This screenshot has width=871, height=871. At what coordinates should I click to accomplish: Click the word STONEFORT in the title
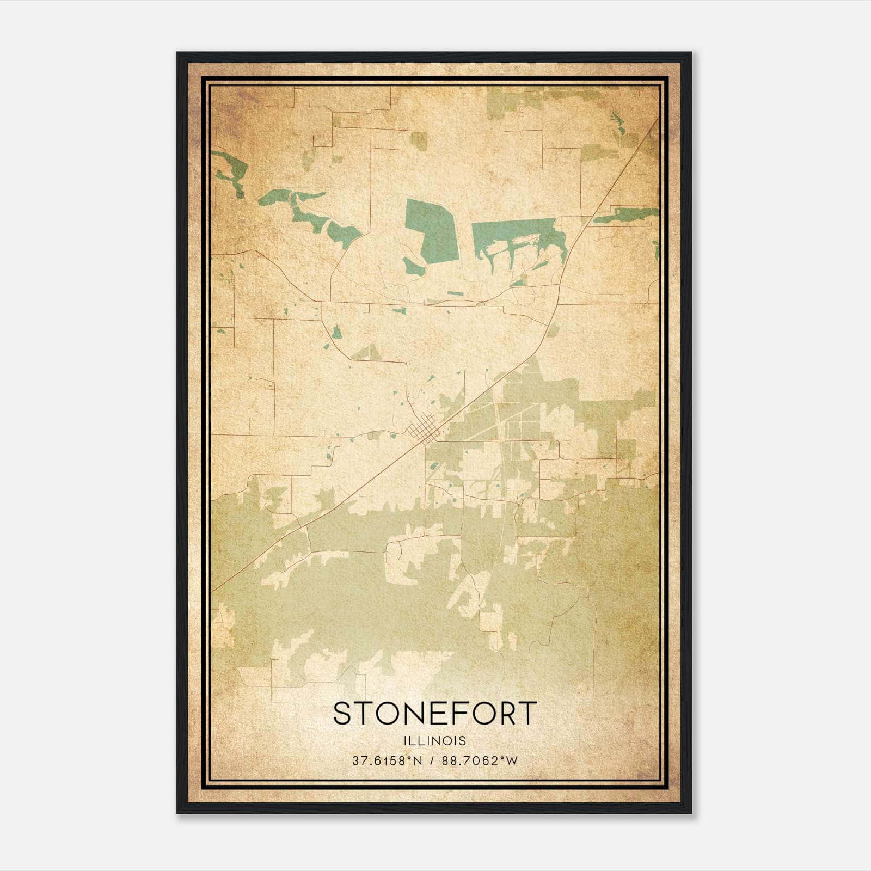click(435, 714)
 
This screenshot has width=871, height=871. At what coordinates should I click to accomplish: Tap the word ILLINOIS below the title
click(435, 741)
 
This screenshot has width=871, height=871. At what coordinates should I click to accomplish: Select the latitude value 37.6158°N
click(387, 761)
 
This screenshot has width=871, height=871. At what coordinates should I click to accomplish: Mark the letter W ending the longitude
click(512, 761)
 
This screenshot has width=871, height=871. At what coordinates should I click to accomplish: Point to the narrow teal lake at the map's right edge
click(626, 216)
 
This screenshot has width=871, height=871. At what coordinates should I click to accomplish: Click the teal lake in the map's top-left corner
click(229, 169)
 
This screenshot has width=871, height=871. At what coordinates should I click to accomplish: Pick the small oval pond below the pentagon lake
click(413, 267)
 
